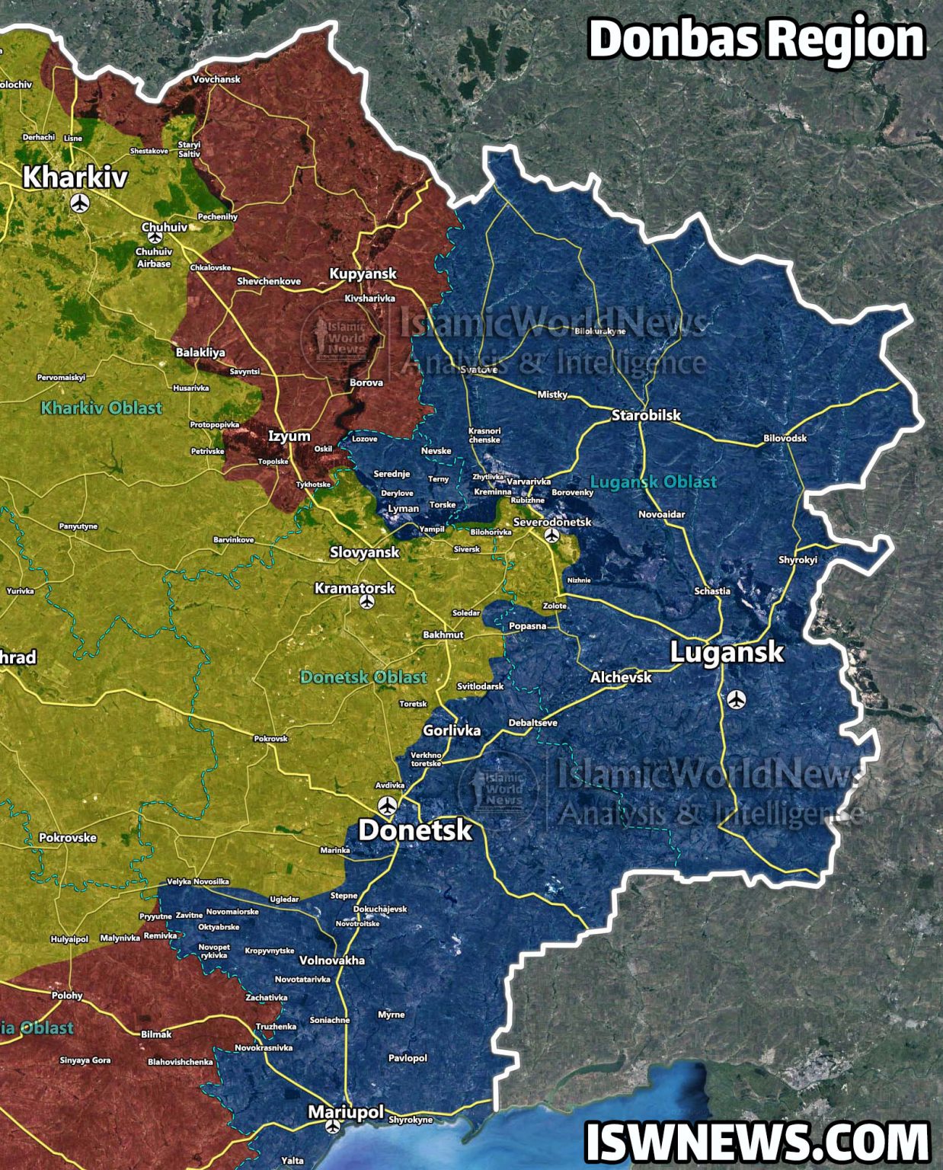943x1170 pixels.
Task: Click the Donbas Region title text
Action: coord(756,40)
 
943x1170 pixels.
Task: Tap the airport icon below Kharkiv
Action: coord(80,203)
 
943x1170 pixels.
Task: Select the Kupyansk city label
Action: coord(363,273)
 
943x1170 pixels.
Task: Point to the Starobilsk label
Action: coord(646,416)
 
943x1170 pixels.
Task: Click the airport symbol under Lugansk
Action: coord(736,698)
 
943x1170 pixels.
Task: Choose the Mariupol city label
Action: coord(345,1112)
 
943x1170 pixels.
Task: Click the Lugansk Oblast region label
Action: coord(654,481)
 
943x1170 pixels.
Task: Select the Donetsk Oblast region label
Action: coord(363,676)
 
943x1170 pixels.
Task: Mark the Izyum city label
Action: coord(289,436)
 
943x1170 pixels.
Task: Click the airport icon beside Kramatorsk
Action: coord(367,603)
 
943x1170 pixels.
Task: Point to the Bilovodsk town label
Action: coord(785,439)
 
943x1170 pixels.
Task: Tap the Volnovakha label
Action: coord(332,961)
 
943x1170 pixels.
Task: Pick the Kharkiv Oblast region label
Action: coord(101,408)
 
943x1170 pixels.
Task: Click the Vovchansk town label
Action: coord(216,79)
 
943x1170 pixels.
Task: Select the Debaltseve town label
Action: coord(533,722)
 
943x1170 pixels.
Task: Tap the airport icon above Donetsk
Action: coord(388,805)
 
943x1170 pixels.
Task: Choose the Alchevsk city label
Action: coord(621,676)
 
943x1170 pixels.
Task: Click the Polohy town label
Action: coord(67,996)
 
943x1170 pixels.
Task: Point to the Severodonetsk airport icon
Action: coord(553,535)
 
